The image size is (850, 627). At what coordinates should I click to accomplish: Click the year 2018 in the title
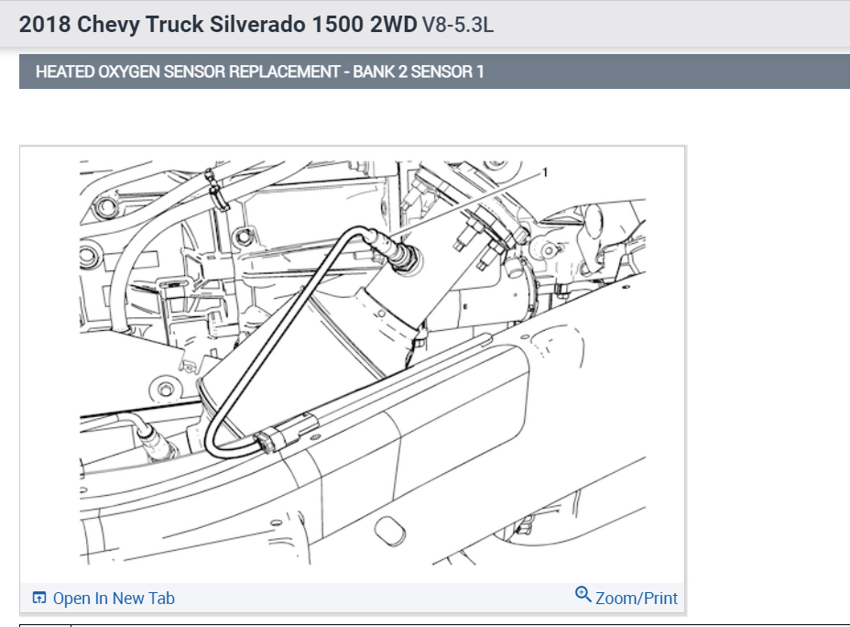(x=45, y=25)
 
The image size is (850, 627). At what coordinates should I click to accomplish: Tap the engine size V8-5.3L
(x=458, y=25)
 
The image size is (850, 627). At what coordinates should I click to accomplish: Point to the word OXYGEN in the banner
(x=128, y=71)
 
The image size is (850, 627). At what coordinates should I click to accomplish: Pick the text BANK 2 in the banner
(x=379, y=71)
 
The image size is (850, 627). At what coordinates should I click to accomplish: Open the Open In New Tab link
(x=114, y=599)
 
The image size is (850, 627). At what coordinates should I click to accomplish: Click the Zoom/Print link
(x=637, y=599)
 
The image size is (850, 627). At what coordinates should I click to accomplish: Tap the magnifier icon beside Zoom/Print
(x=583, y=594)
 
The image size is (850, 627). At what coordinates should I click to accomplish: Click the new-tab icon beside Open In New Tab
(x=39, y=598)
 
